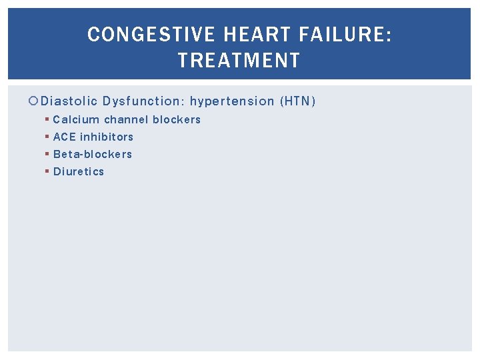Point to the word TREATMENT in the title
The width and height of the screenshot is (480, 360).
[239, 61]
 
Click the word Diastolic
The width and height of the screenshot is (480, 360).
[69, 101]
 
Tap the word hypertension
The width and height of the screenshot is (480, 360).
[232, 101]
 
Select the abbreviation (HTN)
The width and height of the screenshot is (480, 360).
[298, 101]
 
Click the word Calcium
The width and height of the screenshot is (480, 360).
[76, 120]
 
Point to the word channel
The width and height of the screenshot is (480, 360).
[126, 120]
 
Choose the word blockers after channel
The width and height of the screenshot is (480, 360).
[177, 120]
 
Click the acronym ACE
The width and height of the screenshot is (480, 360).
[65, 137]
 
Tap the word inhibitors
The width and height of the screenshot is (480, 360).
[107, 137]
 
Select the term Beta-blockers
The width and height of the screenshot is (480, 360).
[93, 155]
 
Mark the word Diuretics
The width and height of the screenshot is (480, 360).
[79, 172]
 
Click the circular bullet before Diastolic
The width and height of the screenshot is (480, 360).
[35, 101]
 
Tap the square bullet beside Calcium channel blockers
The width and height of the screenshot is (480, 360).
[47, 120]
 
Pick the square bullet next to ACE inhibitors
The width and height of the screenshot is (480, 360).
[47, 137]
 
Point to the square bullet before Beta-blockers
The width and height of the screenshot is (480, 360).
[47, 155]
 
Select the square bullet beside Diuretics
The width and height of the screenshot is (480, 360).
[47, 172]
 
